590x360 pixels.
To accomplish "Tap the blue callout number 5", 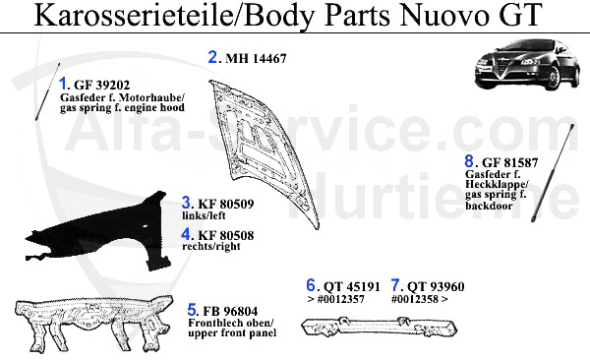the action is tap(193, 310).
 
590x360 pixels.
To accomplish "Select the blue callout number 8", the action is tap(470, 161).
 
